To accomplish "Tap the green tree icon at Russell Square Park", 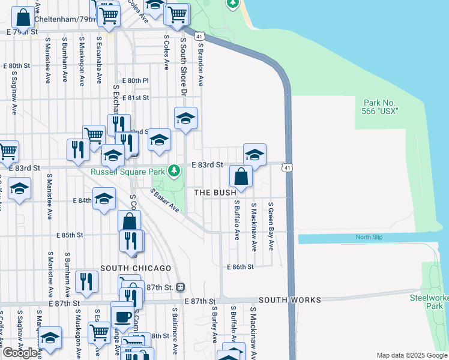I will coord(174,171).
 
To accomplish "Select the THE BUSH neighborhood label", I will coord(219,193).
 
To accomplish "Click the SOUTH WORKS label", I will coord(290,299).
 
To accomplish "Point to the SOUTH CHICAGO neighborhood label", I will coord(136,268).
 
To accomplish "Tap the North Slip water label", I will coord(369,238).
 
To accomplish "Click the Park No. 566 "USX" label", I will coord(381,107).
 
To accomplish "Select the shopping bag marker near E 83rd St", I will coord(241,176).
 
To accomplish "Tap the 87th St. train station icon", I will coord(179,287).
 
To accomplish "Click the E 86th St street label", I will coord(241,266).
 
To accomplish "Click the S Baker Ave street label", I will coord(165,201).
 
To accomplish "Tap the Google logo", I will coord(20,353).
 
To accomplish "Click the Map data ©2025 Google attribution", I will coord(411,355).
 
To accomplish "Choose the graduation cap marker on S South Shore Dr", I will coord(186,118).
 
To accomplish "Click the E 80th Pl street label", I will coord(135,80).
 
